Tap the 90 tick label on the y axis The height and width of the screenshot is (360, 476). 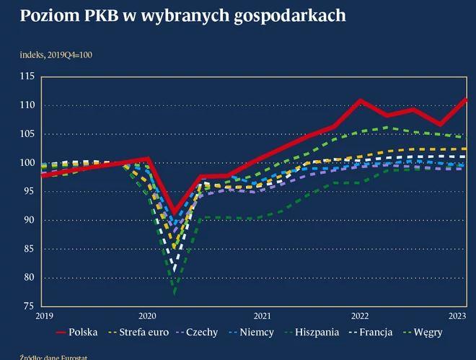[27, 220]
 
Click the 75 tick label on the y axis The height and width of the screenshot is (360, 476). [27, 307]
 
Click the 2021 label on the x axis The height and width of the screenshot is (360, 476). [263, 316]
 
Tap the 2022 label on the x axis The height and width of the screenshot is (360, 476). [360, 316]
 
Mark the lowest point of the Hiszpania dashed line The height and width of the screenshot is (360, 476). [175, 294]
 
